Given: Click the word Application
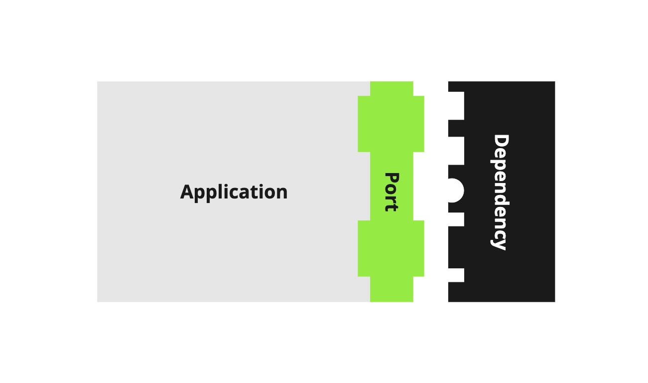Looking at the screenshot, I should tap(234, 192).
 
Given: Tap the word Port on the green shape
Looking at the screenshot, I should tap(392, 192).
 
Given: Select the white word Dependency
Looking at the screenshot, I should tap(500, 192).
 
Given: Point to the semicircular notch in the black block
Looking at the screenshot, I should tap(455, 191).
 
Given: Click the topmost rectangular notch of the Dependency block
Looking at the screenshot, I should tap(456, 106).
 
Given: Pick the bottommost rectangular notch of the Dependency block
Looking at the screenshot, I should tap(456, 275).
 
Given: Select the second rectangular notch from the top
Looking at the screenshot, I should tap(456, 151).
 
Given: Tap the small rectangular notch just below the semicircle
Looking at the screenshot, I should tap(456, 219).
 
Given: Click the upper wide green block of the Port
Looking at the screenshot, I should tap(391, 124).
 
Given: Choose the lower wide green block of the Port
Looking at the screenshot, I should tap(391, 248).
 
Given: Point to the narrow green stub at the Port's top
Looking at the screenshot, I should tap(391, 88).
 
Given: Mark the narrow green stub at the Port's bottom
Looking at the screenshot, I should tap(391, 289).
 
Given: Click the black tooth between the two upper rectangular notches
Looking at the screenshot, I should tap(456, 128).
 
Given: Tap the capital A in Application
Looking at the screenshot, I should tap(187, 192).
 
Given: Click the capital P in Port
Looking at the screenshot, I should tap(392, 179).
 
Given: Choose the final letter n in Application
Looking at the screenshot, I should tap(282, 193).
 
